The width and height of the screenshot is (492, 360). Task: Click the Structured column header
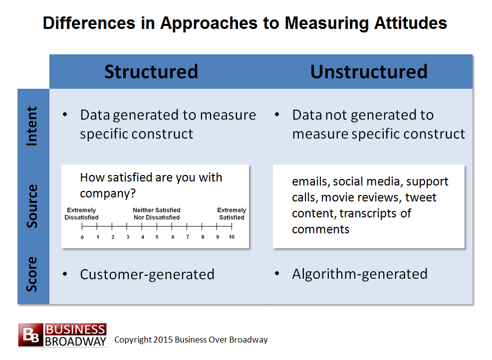[151, 72]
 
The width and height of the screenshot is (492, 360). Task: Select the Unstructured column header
[369, 72]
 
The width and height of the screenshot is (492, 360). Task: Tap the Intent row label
[32, 126]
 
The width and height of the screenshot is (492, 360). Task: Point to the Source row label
[32, 206]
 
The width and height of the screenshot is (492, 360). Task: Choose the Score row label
[32, 274]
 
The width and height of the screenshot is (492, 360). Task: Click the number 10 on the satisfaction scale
[232, 237]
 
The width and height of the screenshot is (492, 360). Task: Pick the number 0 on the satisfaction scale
[82, 237]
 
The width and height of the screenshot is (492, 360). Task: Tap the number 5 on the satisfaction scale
[157, 237]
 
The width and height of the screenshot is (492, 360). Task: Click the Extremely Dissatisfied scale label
[81, 213]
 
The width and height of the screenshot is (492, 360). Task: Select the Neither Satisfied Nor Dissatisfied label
[157, 213]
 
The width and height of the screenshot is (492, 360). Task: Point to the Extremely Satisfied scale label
[232, 213]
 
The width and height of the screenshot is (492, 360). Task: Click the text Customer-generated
[147, 274]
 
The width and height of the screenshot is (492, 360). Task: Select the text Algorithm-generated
[360, 274]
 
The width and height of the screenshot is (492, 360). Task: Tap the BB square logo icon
[31, 335]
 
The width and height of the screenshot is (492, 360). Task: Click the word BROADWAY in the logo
[76, 342]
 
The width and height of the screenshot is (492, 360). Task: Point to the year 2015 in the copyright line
[163, 340]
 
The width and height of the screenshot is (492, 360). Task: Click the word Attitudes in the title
[411, 23]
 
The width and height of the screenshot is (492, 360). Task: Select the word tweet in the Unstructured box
[421, 197]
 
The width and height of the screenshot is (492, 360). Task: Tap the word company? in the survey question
[108, 194]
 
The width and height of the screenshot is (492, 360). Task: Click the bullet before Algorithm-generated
[277, 274]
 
